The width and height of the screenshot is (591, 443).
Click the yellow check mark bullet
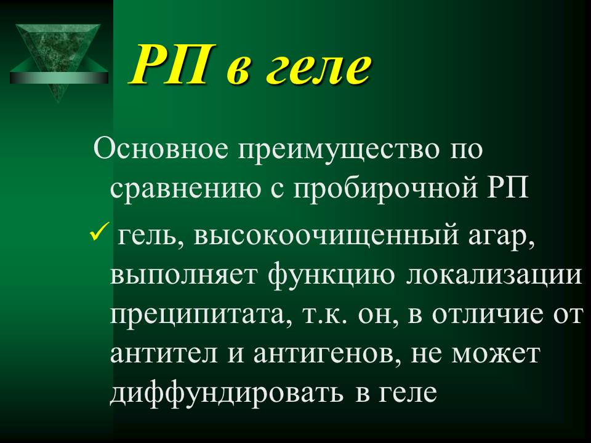click(x=100, y=232)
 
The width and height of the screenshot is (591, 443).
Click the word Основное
click(x=161, y=148)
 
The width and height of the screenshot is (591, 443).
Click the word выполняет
click(x=183, y=275)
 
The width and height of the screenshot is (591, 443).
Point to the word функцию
click(x=332, y=274)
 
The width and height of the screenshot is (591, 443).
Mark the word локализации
click(x=494, y=275)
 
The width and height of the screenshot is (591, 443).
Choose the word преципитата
click(x=196, y=315)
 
